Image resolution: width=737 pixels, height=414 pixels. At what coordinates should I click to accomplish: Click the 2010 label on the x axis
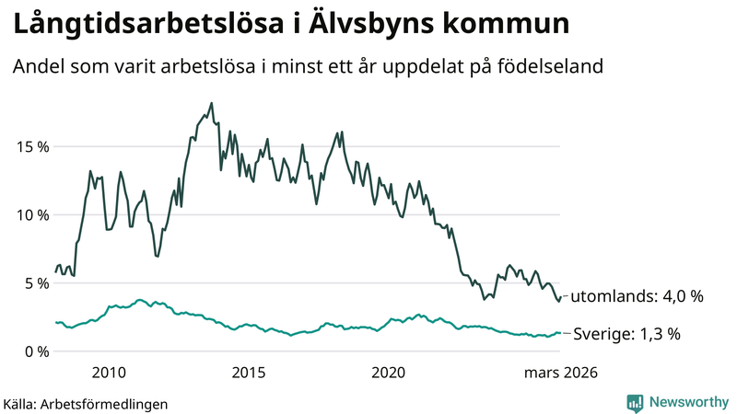click(x=109, y=373)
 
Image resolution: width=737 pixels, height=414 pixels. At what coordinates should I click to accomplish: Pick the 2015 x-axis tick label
click(x=249, y=373)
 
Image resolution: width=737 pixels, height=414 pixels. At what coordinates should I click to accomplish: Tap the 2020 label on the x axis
click(x=388, y=373)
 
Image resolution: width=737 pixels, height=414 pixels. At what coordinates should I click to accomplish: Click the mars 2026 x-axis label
click(x=560, y=373)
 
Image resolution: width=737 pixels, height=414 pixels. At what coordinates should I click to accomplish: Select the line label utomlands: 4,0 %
click(x=637, y=297)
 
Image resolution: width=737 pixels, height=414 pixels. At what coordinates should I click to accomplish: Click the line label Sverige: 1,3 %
click(x=627, y=334)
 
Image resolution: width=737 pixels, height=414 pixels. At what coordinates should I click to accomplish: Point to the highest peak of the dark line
click(x=212, y=103)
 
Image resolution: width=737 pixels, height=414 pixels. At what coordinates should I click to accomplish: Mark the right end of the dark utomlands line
click(x=560, y=297)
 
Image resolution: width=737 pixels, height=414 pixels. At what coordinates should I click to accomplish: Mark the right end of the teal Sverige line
click(x=560, y=333)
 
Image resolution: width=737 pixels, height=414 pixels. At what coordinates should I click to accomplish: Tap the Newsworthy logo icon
click(x=635, y=402)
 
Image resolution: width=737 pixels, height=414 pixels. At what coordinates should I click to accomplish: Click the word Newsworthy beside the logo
click(x=687, y=402)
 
